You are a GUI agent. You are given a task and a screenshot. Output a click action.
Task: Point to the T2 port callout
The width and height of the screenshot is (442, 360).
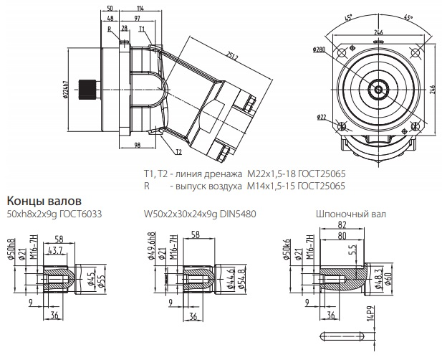(x=178, y=151)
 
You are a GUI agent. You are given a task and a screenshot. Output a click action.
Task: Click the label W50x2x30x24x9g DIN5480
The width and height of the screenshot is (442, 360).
(x=200, y=214)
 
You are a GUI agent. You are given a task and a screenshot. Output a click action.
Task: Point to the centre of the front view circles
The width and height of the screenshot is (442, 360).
(x=377, y=89)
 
